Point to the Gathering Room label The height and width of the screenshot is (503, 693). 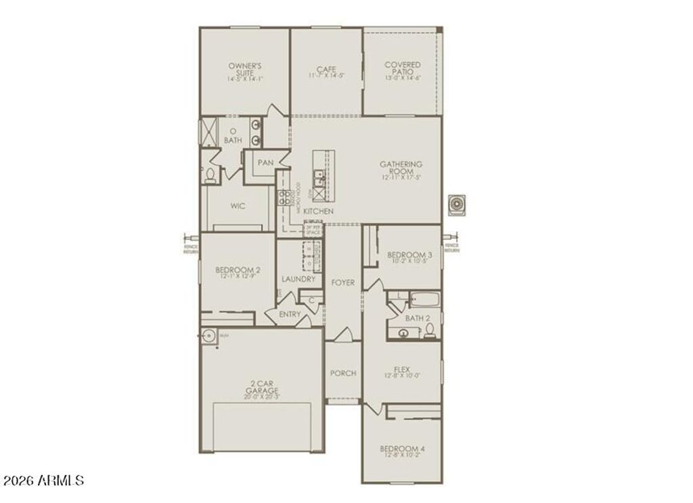click(401, 168)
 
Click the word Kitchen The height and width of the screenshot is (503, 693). click(318, 212)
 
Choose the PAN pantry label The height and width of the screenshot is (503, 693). click(265, 162)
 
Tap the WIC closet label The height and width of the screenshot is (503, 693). click(237, 205)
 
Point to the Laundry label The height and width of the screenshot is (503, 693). click(298, 279)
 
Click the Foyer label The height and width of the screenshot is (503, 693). click(342, 282)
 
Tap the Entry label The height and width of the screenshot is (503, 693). click(290, 314)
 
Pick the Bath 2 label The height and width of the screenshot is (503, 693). click(418, 318)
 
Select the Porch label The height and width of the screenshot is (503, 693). click(342, 373)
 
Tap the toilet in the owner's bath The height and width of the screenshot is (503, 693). click(209, 177)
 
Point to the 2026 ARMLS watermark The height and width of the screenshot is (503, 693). click(43, 481)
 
